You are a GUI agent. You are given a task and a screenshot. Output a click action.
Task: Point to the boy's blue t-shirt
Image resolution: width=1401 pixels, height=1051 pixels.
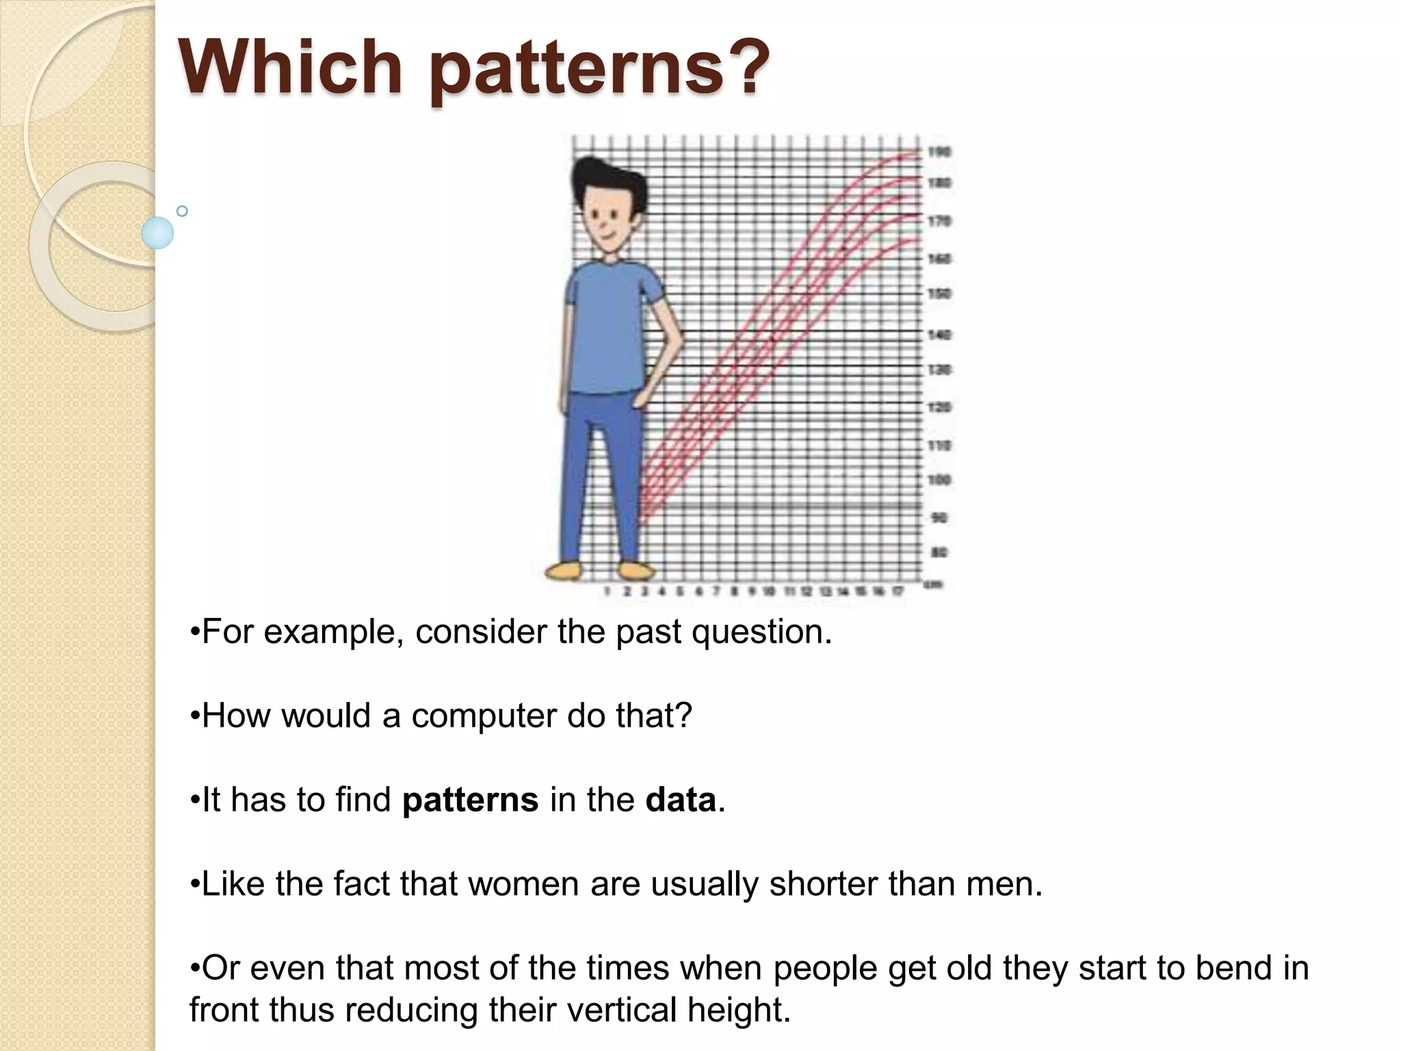[609, 328]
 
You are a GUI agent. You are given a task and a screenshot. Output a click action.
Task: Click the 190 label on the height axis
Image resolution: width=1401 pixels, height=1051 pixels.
[939, 152]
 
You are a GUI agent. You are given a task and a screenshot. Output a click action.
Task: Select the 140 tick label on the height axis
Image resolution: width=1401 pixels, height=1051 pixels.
[939, 335]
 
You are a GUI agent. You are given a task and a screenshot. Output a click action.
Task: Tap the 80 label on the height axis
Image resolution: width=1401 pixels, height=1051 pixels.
[939, 552]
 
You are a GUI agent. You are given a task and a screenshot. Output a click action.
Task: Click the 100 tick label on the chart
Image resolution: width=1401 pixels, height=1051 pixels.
[939, 480]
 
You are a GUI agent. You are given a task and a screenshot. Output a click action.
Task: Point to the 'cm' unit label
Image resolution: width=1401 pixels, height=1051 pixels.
[933, 584]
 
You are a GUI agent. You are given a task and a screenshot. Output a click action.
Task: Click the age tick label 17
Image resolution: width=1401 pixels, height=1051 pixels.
[898, 591]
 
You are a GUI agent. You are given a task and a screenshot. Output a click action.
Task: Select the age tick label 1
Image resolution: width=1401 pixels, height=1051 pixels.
[608, 591]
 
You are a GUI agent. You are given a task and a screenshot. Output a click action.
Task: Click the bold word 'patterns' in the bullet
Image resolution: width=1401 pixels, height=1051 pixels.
[470, 800]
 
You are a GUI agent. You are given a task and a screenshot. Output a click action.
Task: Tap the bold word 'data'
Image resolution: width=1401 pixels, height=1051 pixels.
[680, 800]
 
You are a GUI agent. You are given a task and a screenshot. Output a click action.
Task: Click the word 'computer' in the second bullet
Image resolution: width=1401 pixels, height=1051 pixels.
[484, 716]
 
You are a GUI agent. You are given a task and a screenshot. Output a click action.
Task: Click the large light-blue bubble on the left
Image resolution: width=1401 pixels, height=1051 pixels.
[157, 233]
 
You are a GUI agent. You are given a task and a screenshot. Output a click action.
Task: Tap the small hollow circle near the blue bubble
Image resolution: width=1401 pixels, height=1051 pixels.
[182, 211]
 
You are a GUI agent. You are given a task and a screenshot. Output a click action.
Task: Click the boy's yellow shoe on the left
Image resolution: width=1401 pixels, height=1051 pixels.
[563, 570]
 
